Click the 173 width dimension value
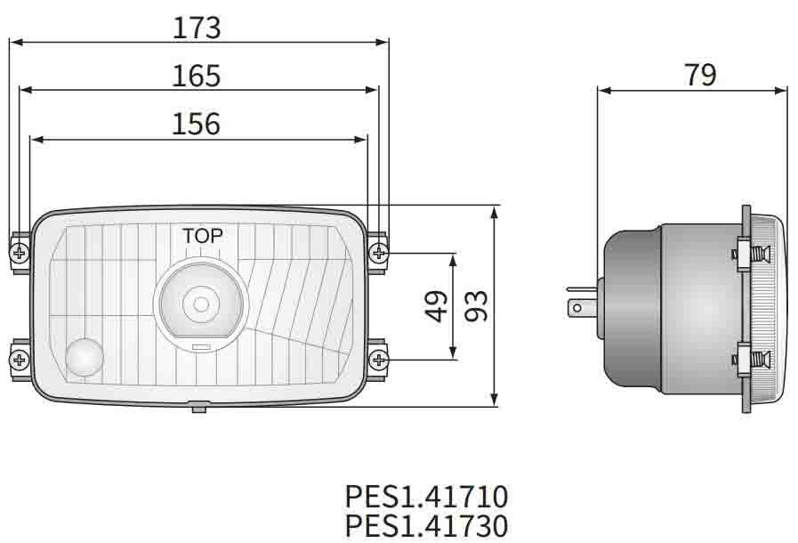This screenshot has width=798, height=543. tap(197, 28)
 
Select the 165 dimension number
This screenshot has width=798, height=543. tap(197, 76)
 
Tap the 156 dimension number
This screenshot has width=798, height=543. tap(196, 124)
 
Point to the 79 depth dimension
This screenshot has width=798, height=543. tap(700, 76)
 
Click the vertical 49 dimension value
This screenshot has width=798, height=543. tap(437, 306)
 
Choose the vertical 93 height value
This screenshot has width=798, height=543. tap(477, 306)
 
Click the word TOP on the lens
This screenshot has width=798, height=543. tap(203, 236)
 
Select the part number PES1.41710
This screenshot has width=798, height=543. tap(426, 495)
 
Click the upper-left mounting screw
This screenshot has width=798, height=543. tap(20, 254)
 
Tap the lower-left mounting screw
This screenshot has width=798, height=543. tap(20, 360)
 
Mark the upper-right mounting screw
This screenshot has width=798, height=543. tap(379, 254)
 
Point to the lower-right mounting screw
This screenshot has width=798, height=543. tap(379, 360)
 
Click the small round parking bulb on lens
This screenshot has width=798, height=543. tap(85, 358)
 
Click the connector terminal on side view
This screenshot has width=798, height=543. tap(580, 308)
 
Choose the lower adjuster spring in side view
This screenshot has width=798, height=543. tap(756, 361)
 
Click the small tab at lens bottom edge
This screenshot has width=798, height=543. tap(198, 407)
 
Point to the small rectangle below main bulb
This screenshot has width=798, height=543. tap(201, 346)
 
